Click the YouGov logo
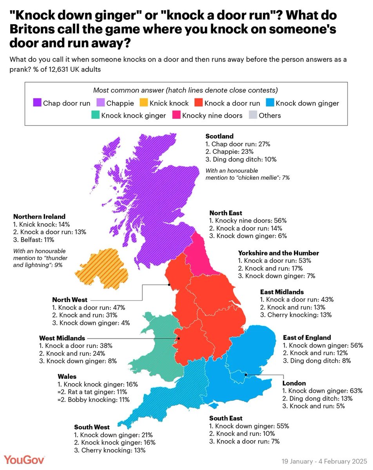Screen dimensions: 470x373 (x=25, y=459)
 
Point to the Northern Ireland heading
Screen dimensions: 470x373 (x=39, y=217)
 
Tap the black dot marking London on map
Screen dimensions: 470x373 (x=245, y=375)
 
